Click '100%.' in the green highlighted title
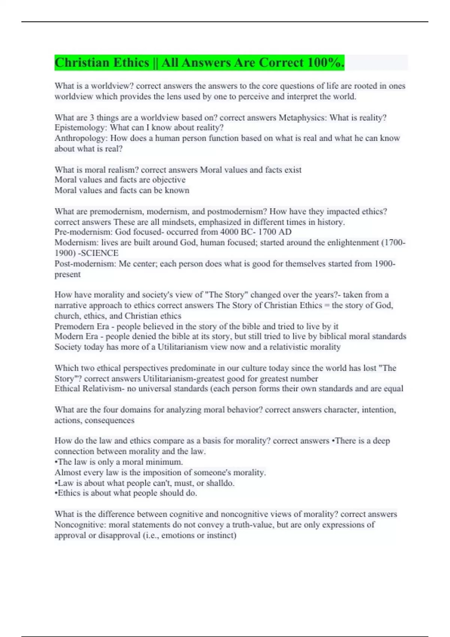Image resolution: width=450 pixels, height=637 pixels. (325, 63)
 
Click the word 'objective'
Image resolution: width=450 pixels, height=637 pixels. (169, 180)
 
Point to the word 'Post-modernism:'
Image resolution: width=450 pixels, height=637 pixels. (85, 264)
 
